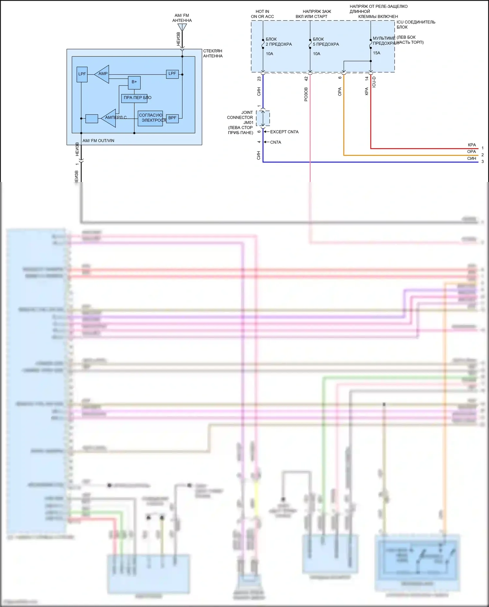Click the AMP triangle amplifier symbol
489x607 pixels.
102,74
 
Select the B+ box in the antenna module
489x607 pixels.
134,83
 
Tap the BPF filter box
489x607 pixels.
172,118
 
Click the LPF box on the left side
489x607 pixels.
82,74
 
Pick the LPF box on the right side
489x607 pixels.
172,74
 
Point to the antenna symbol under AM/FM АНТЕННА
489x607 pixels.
182,27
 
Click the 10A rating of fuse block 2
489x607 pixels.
270,54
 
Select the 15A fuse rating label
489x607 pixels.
377,53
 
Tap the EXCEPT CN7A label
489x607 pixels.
284,132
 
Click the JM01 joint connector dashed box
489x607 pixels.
263,118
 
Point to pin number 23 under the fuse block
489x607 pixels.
259,79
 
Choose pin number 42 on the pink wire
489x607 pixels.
306,79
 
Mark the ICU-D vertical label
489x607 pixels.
374,82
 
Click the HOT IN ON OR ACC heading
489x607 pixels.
262,14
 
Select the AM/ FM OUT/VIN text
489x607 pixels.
98,141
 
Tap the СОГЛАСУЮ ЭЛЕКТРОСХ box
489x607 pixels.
150,118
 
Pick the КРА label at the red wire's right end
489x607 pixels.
472,145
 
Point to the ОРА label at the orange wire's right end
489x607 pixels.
471,152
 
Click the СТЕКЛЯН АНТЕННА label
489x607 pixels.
213,53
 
